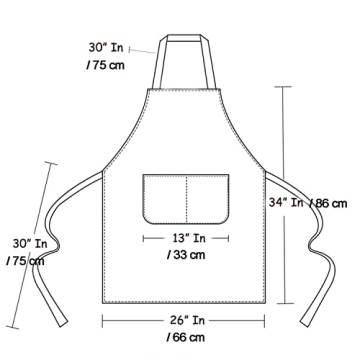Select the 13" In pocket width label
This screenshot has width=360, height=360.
pos(187,238)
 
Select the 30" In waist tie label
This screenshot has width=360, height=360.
pos(29,243)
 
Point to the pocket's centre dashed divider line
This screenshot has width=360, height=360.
pos(187,197)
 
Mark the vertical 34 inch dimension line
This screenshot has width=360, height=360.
pos(288,150)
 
